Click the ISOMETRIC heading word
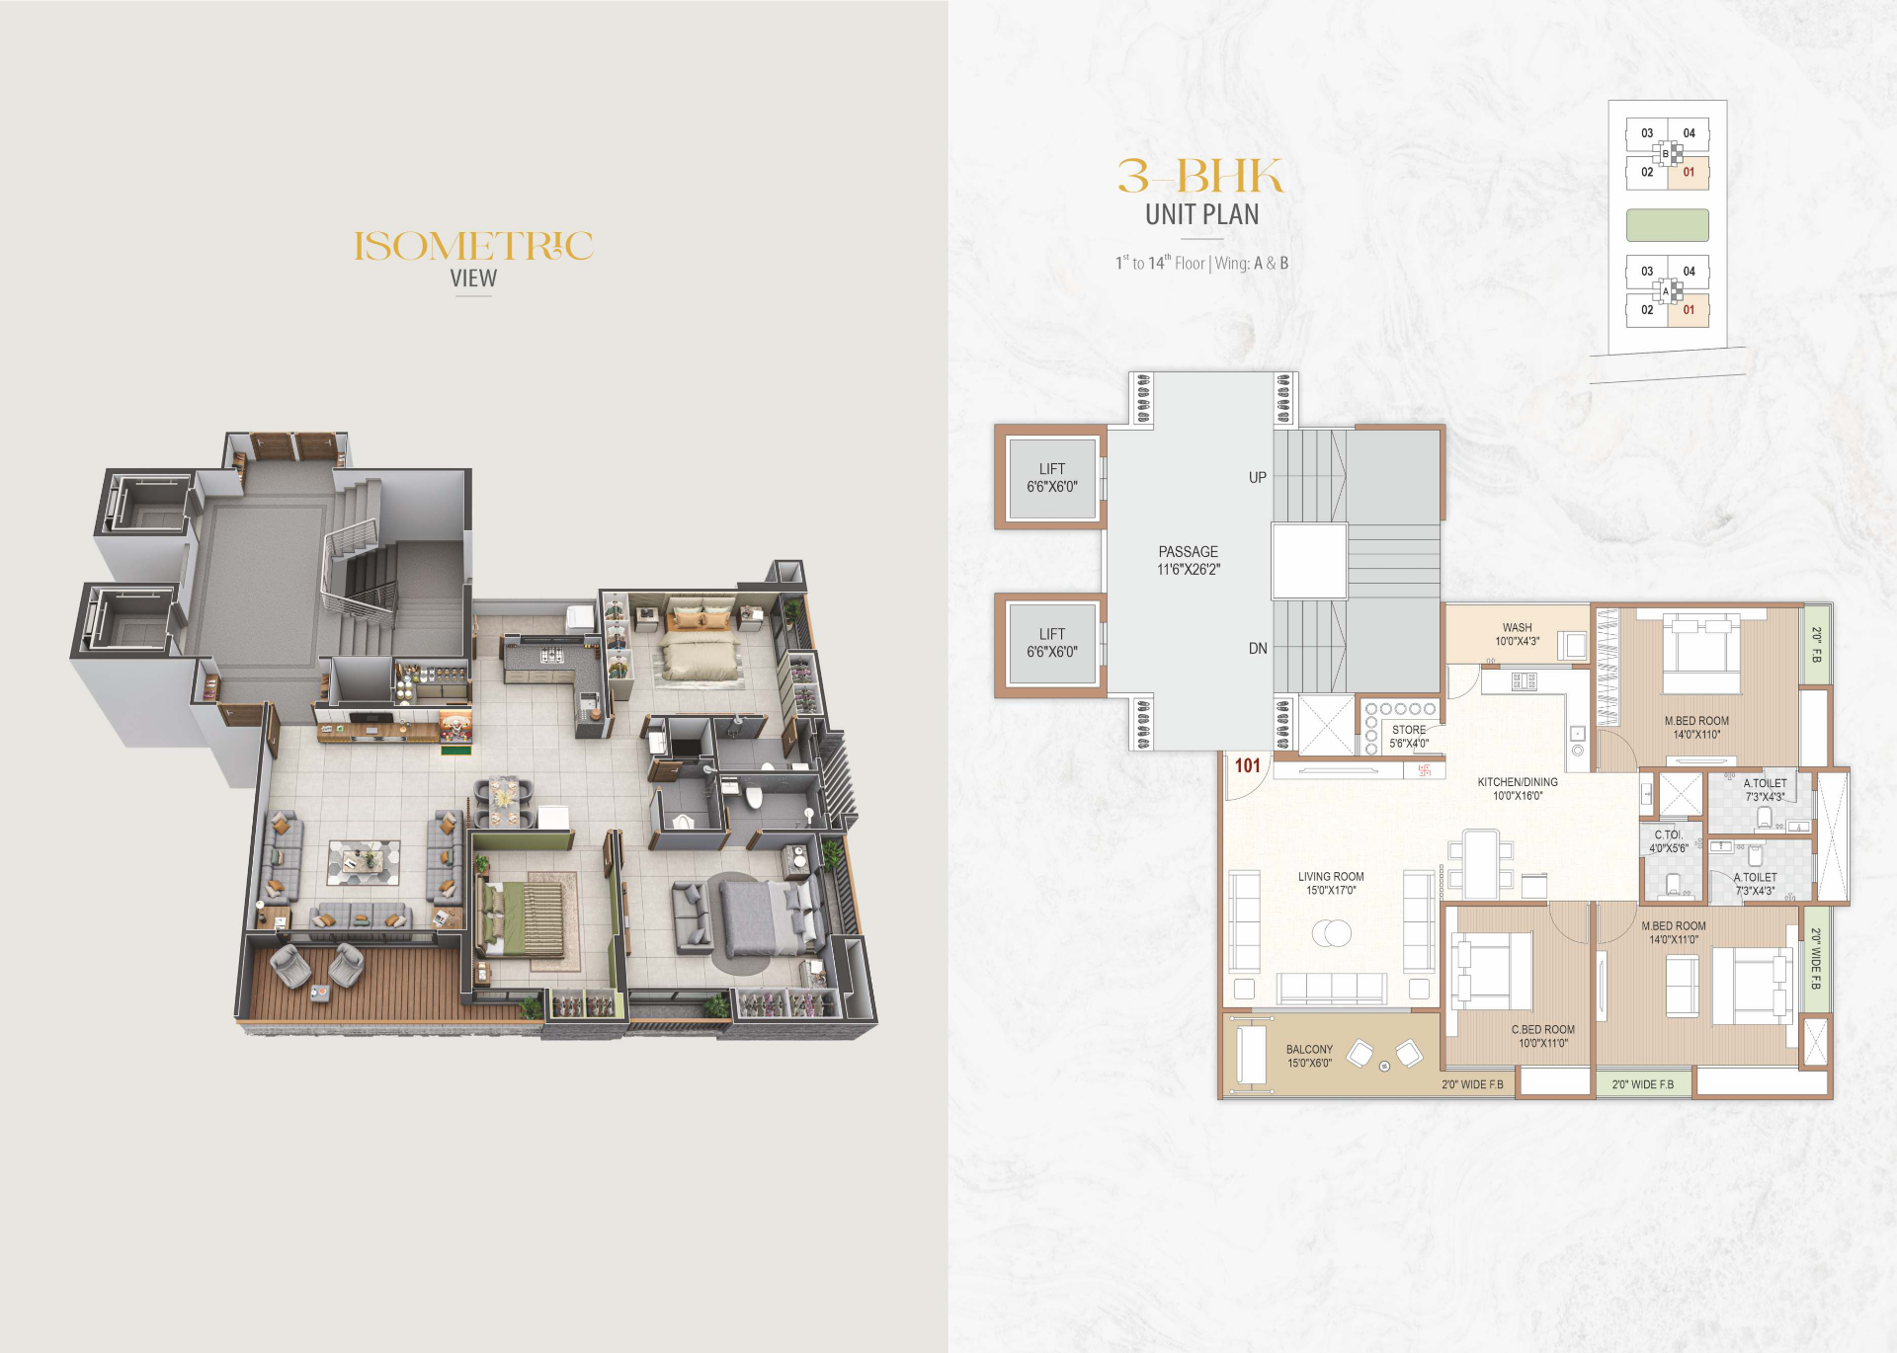473,246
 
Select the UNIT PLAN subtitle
1201,214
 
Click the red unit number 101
1247,765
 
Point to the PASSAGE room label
1189,551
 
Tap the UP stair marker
1257,477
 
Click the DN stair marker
1258,648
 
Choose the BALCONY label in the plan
1309,1049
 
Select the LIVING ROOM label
1331,876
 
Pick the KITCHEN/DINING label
1518,782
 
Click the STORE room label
1409,730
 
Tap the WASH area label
1518,627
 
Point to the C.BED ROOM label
1543,1029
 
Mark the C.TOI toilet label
1668,835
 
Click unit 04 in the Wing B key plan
1689,133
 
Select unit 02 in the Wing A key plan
1647,309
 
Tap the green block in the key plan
1668,225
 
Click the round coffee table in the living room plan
1332,932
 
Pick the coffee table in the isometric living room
364,861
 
